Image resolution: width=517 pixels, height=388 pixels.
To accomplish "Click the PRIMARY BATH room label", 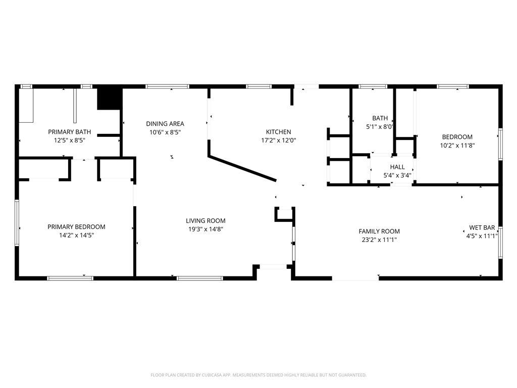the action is pos(69,132).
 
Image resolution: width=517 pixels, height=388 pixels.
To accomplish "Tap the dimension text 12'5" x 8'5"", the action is pos(70,140).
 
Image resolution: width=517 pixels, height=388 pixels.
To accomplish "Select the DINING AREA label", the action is pos(165,124).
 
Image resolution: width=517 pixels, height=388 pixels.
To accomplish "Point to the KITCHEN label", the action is pos(279,132).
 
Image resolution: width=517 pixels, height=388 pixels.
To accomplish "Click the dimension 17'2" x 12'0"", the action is pos(279,140).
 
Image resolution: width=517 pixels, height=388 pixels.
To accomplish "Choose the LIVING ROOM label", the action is pos(206,221).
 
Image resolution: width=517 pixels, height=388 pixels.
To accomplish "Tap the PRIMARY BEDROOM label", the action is pos(77,227).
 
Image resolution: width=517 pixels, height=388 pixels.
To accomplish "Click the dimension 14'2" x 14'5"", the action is pos(77,235).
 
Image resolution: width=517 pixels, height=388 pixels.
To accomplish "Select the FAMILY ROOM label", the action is pos(379,231).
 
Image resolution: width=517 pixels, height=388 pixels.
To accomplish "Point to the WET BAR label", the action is pos(482,228).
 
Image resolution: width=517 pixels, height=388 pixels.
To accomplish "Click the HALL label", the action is pos(397,167).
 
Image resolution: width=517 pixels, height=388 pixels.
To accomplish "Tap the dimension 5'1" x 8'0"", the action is pos(380,126).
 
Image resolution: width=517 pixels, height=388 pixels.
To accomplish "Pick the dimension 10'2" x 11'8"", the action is pos(457,145).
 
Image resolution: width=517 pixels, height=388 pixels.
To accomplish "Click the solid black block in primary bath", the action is pos(110,99).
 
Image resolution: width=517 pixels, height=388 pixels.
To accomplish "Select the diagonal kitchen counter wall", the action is pos(242,169).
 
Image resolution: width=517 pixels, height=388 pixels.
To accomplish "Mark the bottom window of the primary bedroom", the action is pos(70,278).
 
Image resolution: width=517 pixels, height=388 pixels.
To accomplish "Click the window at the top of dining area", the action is pos(168,86).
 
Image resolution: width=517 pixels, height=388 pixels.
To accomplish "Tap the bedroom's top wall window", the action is pos(453,86).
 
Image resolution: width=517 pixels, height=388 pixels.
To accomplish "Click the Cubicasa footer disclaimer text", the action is pos(258,375).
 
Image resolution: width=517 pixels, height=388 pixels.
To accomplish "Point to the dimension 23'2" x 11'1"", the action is pos(379,240).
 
